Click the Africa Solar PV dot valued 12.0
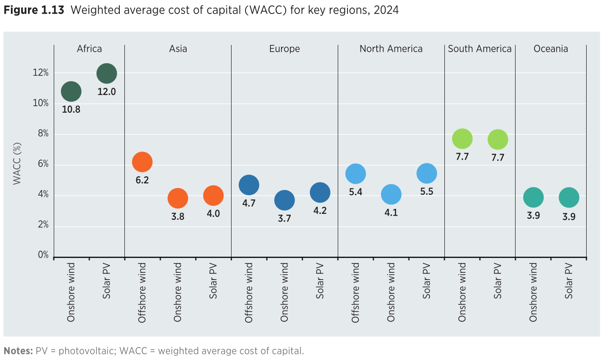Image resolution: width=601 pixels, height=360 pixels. pos(107,74)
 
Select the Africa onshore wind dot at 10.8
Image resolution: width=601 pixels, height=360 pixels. pos(71,91)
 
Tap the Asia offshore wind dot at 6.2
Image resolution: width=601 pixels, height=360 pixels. pos(142,162)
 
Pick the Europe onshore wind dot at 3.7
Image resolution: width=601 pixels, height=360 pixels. pos(284,200)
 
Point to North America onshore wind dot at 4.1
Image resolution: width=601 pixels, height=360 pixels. pos(391,194)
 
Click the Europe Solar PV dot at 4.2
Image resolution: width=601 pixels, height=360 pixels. pos(320,193)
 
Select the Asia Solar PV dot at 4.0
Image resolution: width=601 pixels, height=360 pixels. pos(213,196)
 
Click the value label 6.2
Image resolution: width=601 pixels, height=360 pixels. pos(142,180)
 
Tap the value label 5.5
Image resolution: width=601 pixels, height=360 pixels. pos(427,192)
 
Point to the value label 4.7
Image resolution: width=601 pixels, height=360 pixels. pos(249,203)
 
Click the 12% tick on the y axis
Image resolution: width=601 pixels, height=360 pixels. pos(41,73)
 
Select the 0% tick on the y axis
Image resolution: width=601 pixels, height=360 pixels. pos(43,255)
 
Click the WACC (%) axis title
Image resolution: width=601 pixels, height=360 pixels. pos(17,163)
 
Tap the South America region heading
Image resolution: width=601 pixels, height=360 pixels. pos(480,49)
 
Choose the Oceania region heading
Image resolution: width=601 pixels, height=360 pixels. pos(551,49)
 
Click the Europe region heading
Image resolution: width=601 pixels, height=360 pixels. pos(284,49)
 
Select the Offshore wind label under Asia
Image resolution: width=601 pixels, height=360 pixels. pos(142,292)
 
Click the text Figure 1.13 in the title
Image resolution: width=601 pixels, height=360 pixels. pos(34,10)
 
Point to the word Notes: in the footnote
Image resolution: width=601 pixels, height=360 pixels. pos(18,351)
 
